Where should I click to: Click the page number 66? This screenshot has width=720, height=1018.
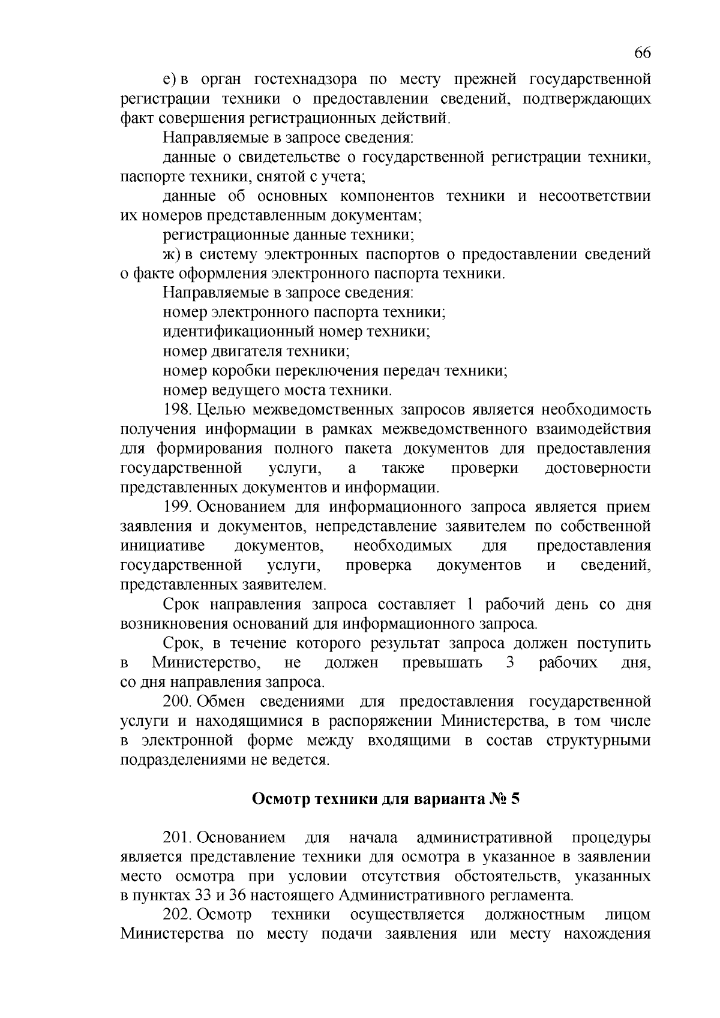[x=642, y=53]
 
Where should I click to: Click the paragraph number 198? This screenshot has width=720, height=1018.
[x=176, y=410]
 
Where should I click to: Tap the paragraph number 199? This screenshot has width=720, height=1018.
[x=176, y=507]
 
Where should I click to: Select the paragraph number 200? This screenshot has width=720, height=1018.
[x=176, y=701]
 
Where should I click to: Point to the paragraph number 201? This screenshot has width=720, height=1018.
[x=176, y=837]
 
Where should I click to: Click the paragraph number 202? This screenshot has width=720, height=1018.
[x=176, y=914]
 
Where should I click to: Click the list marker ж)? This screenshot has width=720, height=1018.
[x=172, y=254]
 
